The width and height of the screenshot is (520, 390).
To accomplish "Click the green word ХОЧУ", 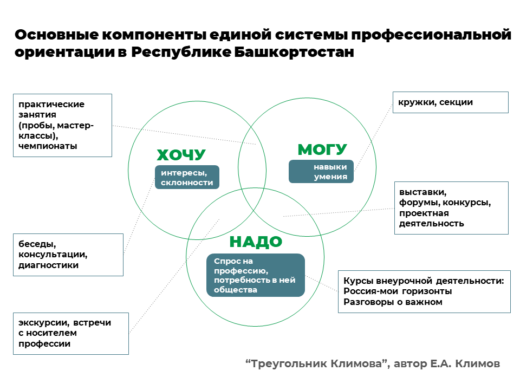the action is pos(181,155).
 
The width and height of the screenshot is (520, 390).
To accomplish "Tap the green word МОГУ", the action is pos(322,149).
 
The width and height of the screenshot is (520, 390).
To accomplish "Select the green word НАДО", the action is pos(256,242).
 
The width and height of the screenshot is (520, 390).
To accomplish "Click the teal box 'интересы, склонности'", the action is pos(187,177).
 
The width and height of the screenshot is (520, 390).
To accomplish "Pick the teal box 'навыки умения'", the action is pos(321,172).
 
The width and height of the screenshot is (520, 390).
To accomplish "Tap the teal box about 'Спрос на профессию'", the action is pos(255,275).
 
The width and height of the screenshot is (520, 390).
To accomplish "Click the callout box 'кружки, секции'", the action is pos(450,102).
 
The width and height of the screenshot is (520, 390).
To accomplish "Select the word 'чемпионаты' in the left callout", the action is pos(48,146).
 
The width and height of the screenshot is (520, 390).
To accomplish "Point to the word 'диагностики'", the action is pos(48,265).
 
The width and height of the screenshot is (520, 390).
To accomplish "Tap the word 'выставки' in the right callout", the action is pos(423,192).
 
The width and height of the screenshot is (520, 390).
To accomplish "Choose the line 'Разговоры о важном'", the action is pos(393,302).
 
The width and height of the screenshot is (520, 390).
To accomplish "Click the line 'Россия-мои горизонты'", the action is pos(398,291).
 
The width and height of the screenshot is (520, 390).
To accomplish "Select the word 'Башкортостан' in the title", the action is pos(294,52).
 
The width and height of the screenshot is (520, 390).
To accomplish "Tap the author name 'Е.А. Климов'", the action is pos(465,364).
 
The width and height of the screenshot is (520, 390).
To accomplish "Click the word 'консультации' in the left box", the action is pos(53,255).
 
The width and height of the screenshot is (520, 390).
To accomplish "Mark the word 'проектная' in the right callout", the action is pos(424,213).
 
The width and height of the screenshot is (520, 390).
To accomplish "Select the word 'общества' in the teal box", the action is pos(236,290).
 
